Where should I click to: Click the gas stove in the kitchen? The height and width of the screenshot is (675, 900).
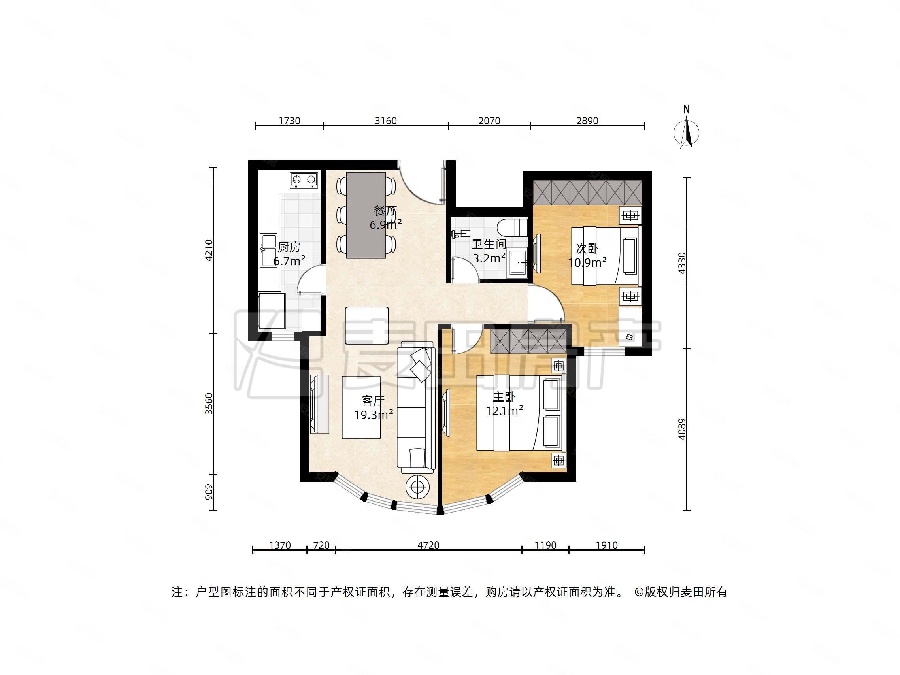[304, 179]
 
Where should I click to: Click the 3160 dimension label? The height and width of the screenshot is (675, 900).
[385, 121]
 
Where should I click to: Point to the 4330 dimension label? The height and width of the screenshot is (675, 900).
[682, 263]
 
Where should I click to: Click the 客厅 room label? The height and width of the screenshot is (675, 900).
[373, 401]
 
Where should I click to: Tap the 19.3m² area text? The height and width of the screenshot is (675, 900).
[373, 415]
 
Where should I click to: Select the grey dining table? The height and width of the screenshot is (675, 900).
[366, 215]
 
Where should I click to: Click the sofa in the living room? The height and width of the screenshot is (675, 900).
[416, 407]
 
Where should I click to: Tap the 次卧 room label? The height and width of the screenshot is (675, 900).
[587, 248]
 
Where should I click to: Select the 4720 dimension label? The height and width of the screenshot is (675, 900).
[428, 545]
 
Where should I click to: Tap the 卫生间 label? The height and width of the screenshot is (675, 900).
[489, 244]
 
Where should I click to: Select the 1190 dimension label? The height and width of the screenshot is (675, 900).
[545, 545]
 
